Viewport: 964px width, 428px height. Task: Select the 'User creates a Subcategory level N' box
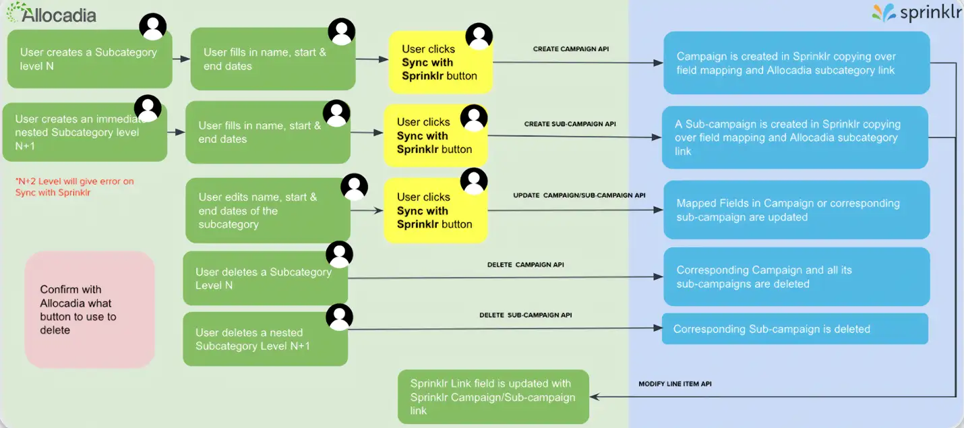89,59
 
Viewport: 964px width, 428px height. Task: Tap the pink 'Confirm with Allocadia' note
90,309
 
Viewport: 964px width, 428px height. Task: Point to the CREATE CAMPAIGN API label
570,49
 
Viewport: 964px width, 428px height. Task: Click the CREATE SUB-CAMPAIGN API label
570,124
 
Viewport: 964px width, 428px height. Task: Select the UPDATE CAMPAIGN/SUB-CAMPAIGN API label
579,195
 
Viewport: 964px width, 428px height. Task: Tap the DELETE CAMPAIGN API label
525,265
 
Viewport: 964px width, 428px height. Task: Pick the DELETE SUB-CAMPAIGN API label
525,315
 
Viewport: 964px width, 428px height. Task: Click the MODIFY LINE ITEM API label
675,384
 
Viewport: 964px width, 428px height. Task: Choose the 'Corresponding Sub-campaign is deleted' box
795,329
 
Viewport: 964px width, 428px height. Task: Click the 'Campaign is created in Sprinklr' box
796,63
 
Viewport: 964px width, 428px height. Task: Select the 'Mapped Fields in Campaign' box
796,210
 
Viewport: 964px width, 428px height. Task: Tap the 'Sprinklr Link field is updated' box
493,397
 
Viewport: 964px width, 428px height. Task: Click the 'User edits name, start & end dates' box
267,210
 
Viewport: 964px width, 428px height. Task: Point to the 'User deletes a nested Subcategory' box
265,339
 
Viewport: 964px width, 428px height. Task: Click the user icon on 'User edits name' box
355,187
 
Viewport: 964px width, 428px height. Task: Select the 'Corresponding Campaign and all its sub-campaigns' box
796,276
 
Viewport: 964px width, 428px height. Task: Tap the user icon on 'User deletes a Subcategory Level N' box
340,254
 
